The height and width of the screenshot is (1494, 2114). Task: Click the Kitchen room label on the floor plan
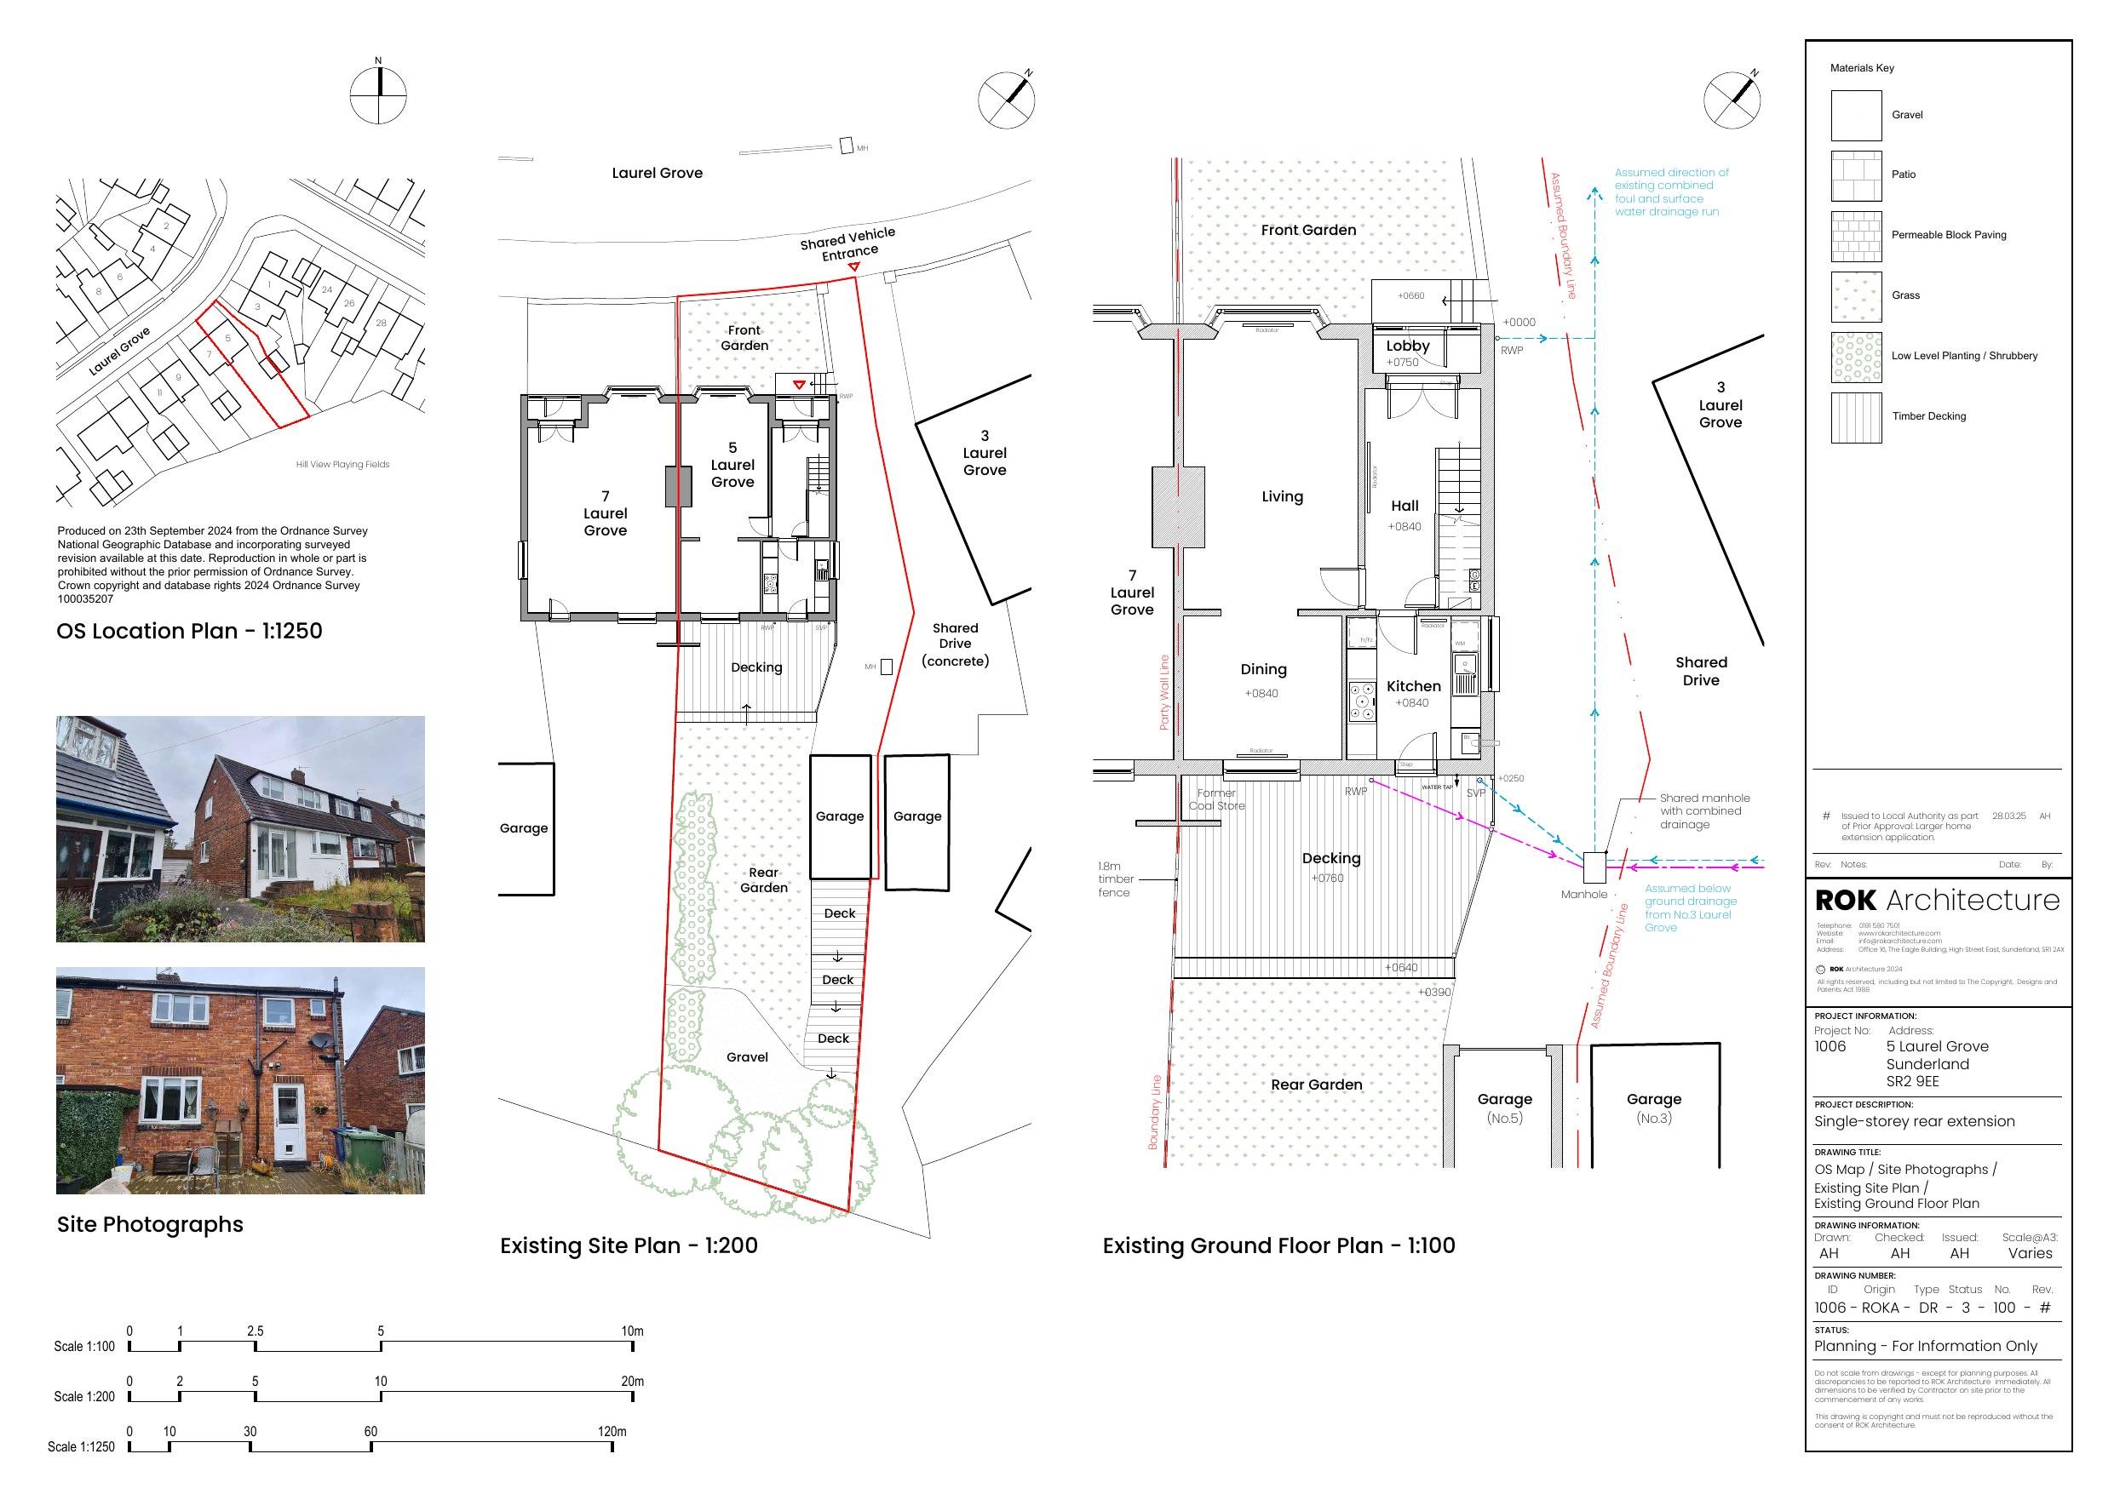tap(1413, 687)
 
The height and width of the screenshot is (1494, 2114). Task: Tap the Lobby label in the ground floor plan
tap(1408, 346)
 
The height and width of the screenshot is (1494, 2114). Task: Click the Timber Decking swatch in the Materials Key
tap(1855, 418)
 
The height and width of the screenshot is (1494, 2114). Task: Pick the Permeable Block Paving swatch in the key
tap(1855, 237)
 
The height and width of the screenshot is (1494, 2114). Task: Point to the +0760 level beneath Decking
tap(1327, 879)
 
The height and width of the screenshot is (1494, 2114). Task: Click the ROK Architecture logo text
tap(1936, 901)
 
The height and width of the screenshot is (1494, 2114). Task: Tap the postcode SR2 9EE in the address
tap(1912, 1082)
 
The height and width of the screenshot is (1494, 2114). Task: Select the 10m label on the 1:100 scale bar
tap(632, 1331)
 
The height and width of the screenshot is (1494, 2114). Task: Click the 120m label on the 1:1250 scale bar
tap(612, 1431)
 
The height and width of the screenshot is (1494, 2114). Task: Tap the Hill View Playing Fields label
tap(342, 465)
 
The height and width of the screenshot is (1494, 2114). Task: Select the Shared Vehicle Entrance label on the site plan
tap(848, 245)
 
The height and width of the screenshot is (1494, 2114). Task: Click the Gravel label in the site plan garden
tap(747, 1057)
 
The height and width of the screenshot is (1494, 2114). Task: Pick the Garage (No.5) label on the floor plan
tap(1504, 1108)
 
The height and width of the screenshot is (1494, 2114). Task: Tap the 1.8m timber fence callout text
tap(1116, 879)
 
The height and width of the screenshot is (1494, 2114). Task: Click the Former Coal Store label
tap(1216, 799)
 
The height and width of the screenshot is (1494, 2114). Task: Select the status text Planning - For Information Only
tap(1925, 1346)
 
